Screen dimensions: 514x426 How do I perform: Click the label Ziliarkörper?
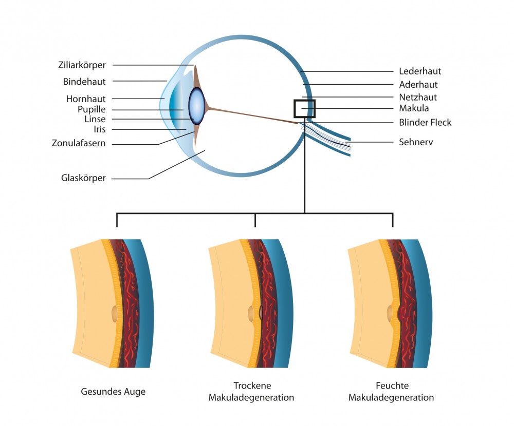click(x=82, y=65)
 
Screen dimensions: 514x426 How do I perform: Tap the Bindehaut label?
click(x=84, y=82)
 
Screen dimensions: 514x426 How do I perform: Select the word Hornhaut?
click(x=86, y=99)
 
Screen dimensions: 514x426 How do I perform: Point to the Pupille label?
click(x=91, y=109)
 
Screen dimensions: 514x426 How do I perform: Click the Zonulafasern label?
click(x=79, y=143)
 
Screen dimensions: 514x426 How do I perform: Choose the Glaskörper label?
click(x=83, y=178)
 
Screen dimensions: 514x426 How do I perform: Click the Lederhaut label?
click(x=420, y=71)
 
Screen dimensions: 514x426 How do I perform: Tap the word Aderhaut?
click(x=418, y=85)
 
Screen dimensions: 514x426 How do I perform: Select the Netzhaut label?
click(x=418, y=97)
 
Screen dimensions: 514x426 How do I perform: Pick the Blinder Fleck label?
click(x=425, y=123)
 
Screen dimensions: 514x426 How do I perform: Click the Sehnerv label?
click(x=416, y=142)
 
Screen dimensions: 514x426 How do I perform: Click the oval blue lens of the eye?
click(x=197, y=106)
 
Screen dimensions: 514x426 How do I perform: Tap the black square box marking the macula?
click(x=304, y=100)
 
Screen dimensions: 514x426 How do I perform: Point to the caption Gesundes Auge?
click(x=113, y=392)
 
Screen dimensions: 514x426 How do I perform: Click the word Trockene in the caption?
click(x=252, y=385)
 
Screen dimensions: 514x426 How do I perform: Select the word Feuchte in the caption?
click(x=392, y=385)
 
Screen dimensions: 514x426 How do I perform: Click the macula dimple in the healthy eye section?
click(x=115, y=314)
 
